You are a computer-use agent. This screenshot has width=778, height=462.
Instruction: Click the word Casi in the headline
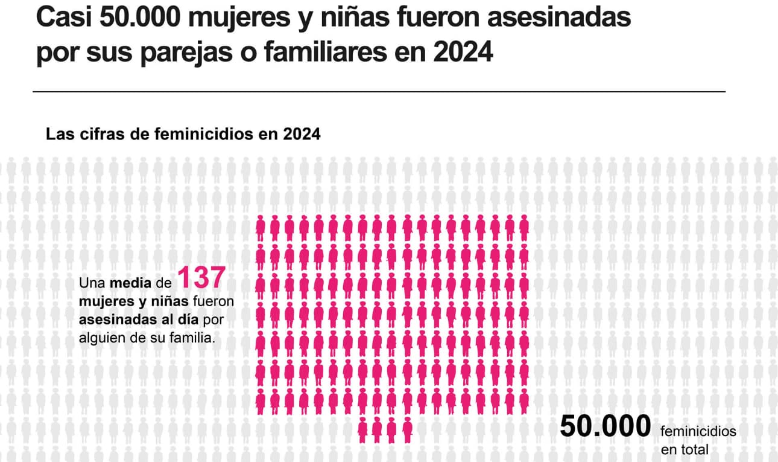pyautogui.click(x=62, y=18)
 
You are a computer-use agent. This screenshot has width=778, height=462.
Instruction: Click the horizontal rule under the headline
pyautogui.click(x=379, y=92)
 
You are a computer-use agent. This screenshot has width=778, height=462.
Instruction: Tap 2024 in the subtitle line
pyautogui.click(x=302, y=134)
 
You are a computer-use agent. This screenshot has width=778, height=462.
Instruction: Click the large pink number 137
pyautogui.click(x=201, y=278)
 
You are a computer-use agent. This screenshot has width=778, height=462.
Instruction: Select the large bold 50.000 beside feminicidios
pyautogui.click(x=606, y=426)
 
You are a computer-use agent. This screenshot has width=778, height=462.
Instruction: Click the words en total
pyautogui.click(x=685, y=449)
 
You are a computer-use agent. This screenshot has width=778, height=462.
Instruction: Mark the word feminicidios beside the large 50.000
pyautogui.click(x=698, y=432)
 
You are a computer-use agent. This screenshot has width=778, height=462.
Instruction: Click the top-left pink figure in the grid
pyautogui.click(x=261, y=227)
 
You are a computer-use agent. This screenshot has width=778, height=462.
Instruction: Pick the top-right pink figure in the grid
pyautogui.click(x=524, y=227)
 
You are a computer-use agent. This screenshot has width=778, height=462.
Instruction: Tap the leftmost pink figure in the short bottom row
pyautogui.click(x=363, y=429)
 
